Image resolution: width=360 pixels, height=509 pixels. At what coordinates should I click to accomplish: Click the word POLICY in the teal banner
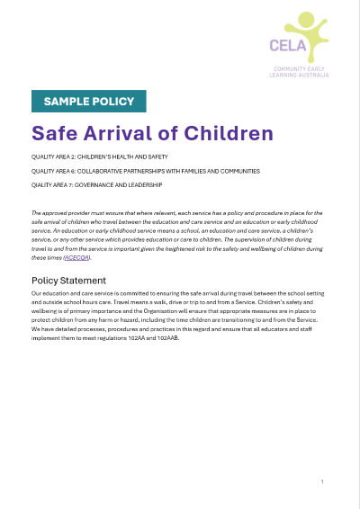click(x=113, y=102)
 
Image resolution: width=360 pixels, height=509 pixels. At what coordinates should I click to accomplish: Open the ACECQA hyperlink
click(x=76, y=257)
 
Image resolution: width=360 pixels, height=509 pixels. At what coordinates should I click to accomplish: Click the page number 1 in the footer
click(x=322, y=483)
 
